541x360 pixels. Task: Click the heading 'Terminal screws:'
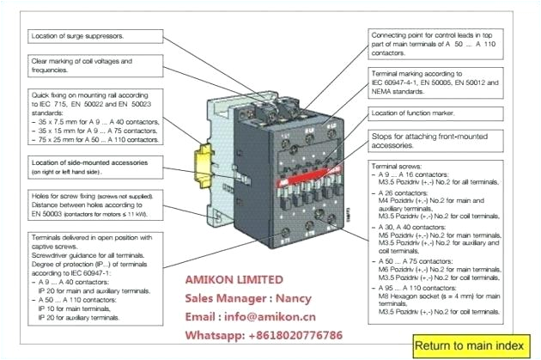click(398, 164)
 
